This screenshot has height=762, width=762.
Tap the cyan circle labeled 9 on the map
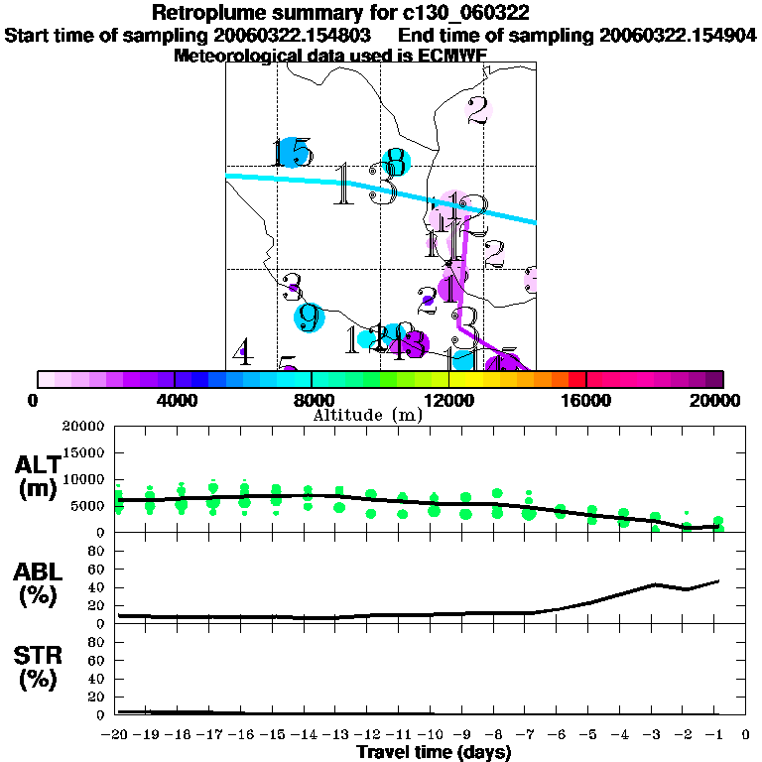point(311,317)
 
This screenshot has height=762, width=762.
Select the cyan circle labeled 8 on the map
point(395,161)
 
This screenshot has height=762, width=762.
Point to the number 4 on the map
point(242,351)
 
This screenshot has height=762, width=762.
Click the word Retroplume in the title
point(203,14)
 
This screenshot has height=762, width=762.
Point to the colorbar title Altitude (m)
point(367,415)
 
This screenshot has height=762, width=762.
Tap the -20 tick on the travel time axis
point(118,735)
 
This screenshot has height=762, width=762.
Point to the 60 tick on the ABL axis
point(97,570)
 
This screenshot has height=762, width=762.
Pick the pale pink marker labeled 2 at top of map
point(479,110)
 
